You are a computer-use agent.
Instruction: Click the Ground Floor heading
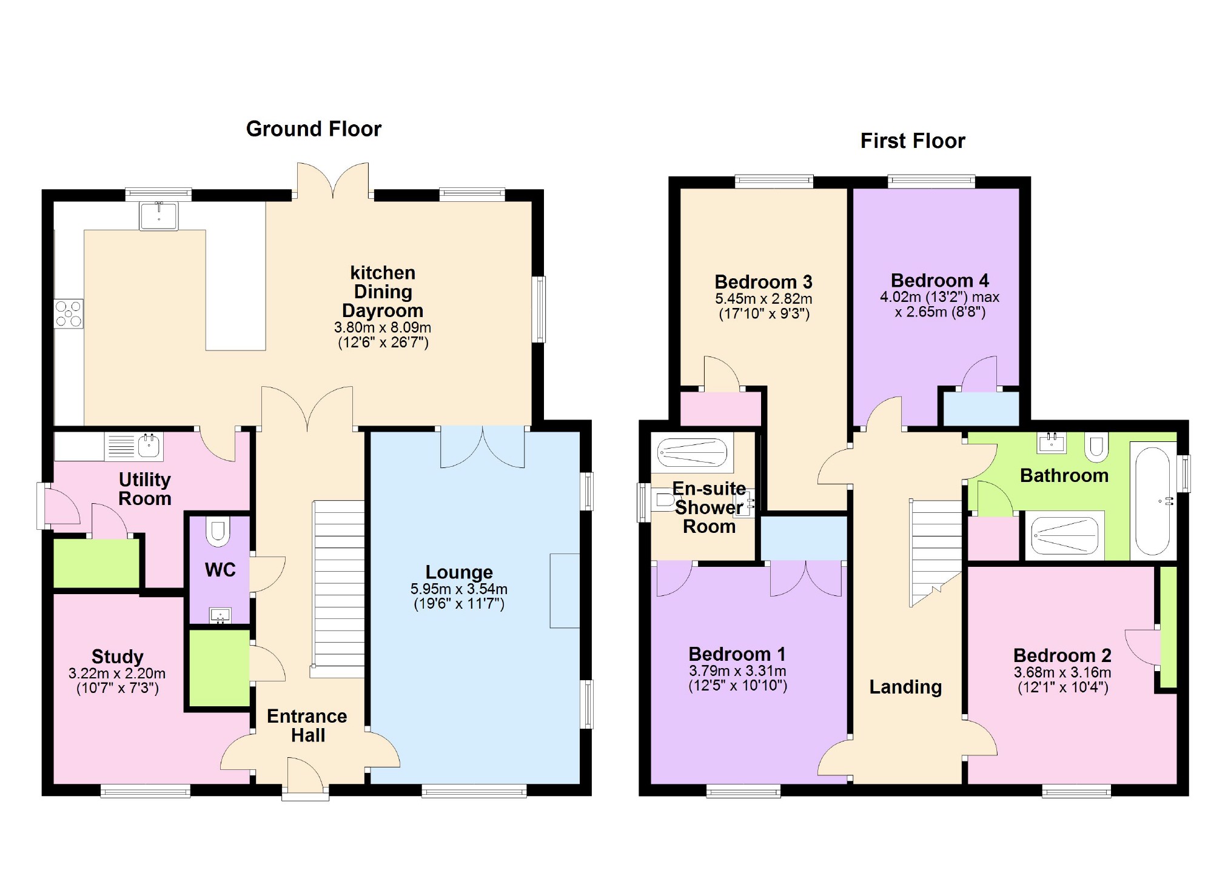(x=314, y=129)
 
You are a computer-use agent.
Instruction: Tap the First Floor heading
(x=912, y=141)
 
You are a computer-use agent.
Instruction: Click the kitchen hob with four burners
(x=69, y=314)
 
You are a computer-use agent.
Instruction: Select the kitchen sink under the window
(x=159, y=216)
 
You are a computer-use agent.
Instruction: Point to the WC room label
(x=220, y=570)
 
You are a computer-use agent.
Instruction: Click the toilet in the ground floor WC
(x=218, y=531)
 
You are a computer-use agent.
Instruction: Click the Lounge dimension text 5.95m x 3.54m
(x=458, y=589)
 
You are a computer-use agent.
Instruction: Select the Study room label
(x=117, y=657)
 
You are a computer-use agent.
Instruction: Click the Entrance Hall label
(x=307, y=726)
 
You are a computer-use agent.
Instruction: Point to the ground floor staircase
(x=338, y=588)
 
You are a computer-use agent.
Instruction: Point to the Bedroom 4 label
(x=939, y=281)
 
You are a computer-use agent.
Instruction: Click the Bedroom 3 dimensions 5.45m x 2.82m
(x=763, y=299)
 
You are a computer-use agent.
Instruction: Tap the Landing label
(x=905, y=687)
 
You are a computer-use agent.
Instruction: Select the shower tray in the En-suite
(x=692, y=452)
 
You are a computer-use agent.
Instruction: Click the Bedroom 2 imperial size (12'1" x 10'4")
(x=1062, y=687)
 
